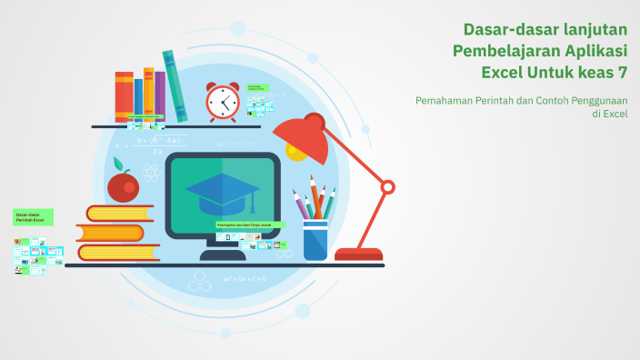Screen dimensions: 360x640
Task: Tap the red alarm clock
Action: [222, 102]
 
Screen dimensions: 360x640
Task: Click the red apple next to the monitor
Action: [123, 186]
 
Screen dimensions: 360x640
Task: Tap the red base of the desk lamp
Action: [358, 255]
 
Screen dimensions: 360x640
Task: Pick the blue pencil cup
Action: [315, 239]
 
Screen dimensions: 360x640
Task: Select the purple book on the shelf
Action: [160, 95]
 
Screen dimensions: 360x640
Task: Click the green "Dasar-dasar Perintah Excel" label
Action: [33, 217]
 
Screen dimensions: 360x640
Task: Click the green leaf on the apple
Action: [118, 163]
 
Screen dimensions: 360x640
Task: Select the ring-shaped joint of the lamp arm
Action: [388, 187]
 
